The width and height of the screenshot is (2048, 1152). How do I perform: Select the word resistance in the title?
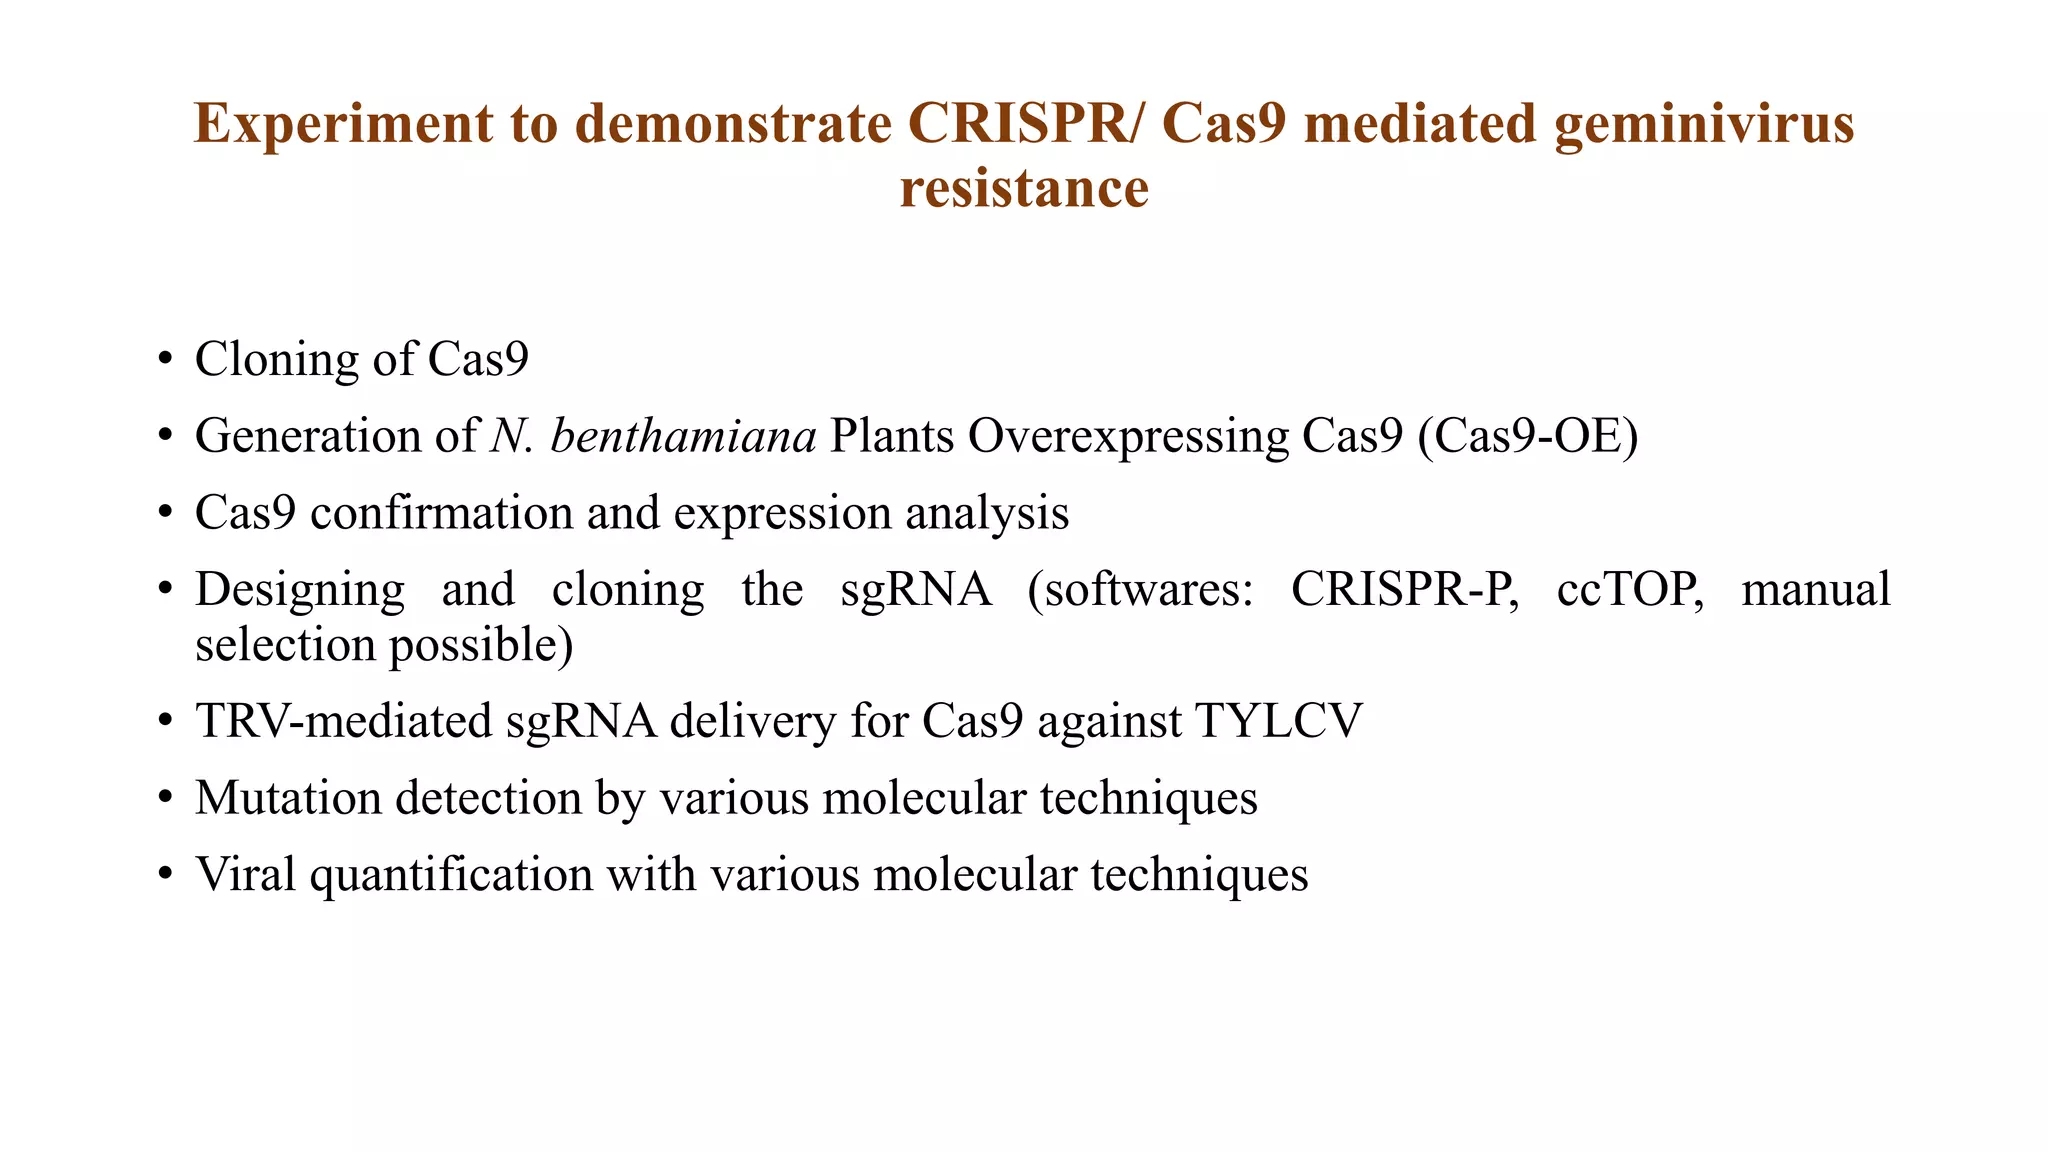pos(1024,189)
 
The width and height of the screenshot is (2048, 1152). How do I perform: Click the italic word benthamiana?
pos(683,436)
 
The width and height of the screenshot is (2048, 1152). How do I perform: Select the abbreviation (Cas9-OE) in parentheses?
pos(1528,436)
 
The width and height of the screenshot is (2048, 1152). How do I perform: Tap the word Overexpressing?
pos(1129,436)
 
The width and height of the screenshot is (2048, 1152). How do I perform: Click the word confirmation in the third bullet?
pos(440,513)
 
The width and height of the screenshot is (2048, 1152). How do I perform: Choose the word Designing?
pos(300,589)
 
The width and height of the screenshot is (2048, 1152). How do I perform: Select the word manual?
pos(1815,589)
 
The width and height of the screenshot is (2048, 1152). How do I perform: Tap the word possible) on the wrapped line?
pos(481,645)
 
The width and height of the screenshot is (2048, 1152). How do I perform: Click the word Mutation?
pos(288,798)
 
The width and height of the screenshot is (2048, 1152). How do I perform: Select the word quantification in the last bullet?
pos(451,875)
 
